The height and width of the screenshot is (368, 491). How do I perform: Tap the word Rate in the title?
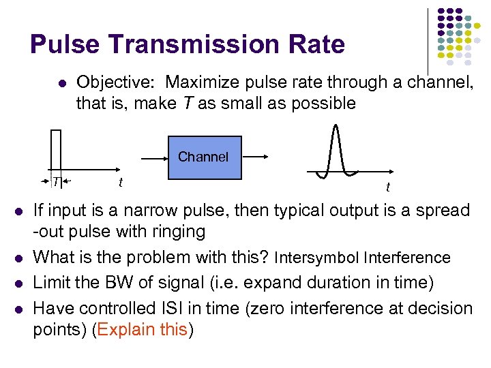pyautogui.click(x=317, y=45)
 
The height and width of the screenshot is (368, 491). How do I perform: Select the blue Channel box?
pyautogui.click(x=203, y=157)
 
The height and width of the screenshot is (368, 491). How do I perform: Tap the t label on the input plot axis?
pyautogui.click(x=120, y=182)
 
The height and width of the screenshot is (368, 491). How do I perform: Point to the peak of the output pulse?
pyautogui.click(x=335, y=127)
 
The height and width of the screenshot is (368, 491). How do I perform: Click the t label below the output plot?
pyautogui.click(x=388, y=187)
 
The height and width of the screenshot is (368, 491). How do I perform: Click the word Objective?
pyautogui.click(x=117, y=82)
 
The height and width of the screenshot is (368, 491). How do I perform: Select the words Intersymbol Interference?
pyautogui.click(x=361, y=258)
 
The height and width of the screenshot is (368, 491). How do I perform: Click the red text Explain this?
pyautogui.click(x=142, y=330)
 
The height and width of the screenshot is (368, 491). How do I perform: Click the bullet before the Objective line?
pyautogui.click(x=61, y=84)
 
